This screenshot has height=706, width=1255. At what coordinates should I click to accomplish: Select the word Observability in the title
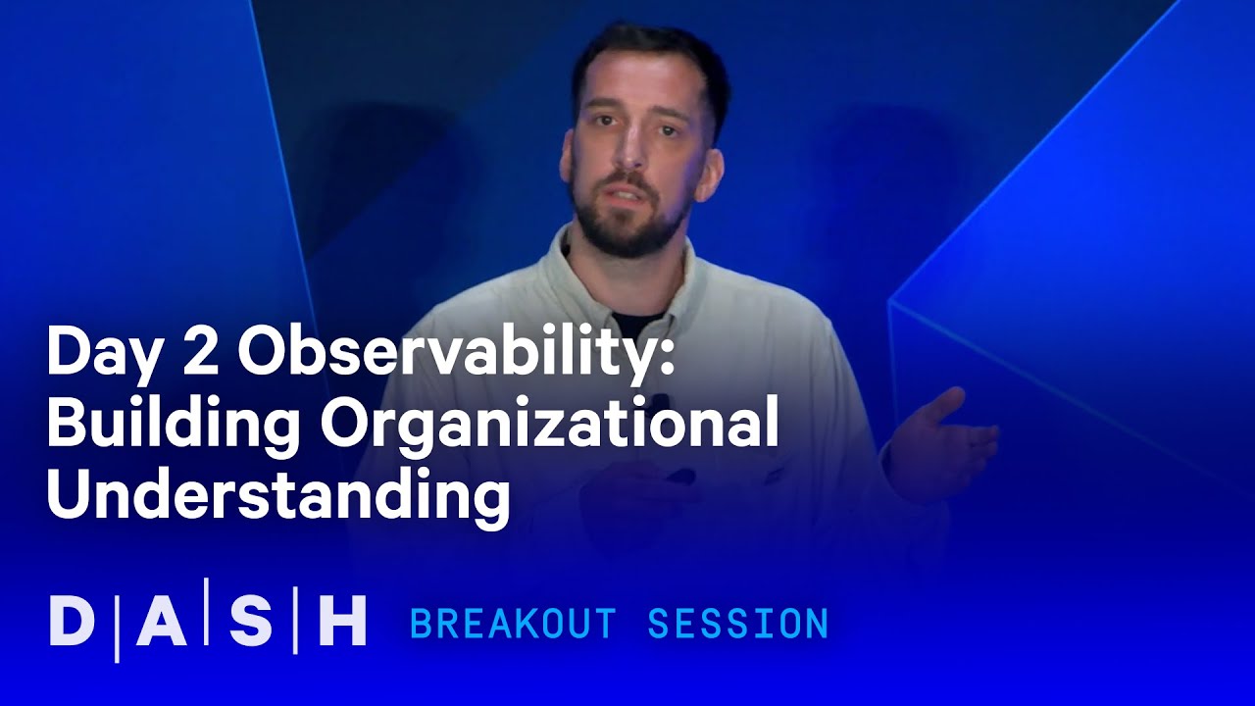click(x=447, y=353)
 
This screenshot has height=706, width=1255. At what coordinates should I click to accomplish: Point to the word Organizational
click(x=550, y=424)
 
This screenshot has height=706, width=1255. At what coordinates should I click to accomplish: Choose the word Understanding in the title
click(x=277, y=493)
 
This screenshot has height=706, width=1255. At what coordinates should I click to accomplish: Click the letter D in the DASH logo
click(x=71, y=622)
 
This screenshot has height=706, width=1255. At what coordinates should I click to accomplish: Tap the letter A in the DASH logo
click(x=161, y=622)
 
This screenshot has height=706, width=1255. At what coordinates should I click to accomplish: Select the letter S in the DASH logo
click(x=251, y=622)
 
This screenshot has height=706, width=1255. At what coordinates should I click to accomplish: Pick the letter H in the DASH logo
click(x=342, y=622)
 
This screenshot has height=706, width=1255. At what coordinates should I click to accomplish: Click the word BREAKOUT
click(x=513, y=624)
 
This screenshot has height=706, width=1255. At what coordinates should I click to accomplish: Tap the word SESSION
click(x=738, y=624)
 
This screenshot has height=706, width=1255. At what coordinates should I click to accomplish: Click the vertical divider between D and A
click(x=117, y=622)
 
